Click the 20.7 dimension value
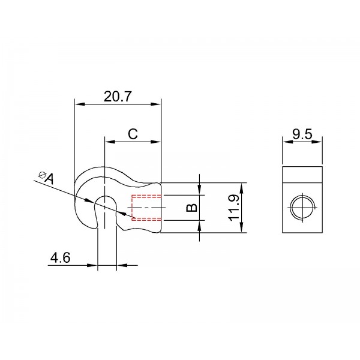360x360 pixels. click(118, 97)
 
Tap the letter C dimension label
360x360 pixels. click(133, 134)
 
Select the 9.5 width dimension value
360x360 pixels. click(302, 134)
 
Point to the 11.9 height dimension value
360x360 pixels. click(234, 208)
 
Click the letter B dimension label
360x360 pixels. click(191, 208)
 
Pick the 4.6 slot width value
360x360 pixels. click(60, 257)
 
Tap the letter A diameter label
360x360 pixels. click(50, 179)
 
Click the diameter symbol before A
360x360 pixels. click(42, 175)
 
